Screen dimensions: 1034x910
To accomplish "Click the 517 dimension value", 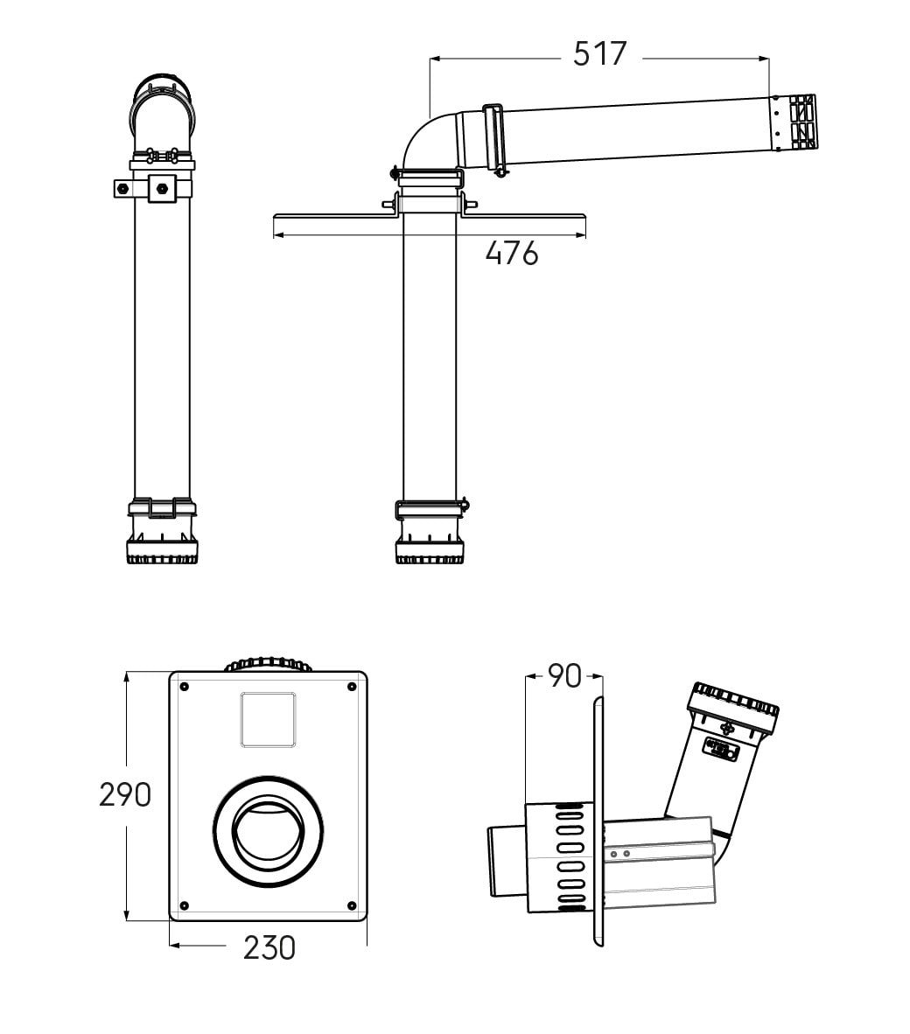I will [600, 54].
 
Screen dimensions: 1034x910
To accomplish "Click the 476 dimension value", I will [512, 254].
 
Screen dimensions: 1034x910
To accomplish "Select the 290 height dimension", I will [125, 794].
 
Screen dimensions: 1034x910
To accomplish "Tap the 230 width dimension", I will [269, 947].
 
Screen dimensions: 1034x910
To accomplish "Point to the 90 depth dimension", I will [564, 675].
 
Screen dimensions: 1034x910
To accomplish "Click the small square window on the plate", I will [268, 719].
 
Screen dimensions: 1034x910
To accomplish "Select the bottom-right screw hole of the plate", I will [351, 905].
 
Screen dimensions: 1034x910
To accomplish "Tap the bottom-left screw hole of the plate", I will [184, 905].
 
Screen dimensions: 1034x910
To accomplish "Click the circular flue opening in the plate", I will [269, 830].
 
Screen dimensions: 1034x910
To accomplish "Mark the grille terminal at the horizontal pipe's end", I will [794, 122].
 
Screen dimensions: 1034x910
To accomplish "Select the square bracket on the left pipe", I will [161, 188].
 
